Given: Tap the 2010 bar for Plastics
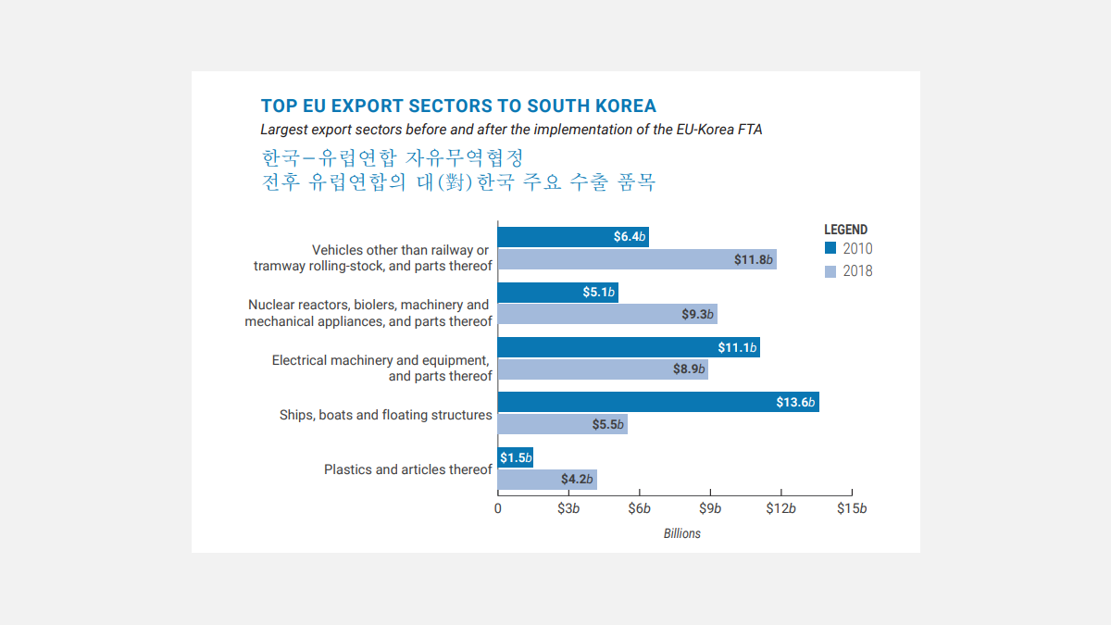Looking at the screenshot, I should coord(515,457).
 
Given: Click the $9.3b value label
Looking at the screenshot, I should coord(698,315).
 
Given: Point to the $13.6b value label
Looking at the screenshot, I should coord(795,403).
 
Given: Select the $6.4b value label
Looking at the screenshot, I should coord(630,237).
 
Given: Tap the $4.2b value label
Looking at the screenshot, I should coord(577,480).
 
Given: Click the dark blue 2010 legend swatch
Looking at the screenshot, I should coord(830,248).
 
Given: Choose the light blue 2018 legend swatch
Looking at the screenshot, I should coord(830,271).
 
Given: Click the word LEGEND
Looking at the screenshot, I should coord(846,230).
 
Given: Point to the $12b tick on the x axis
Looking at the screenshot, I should coord(780,508).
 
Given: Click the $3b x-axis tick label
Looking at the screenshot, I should coord(568,508).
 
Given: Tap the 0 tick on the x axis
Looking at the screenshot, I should coord(498,508).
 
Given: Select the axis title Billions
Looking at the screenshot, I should coord(682,533).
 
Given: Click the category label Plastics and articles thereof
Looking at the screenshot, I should coord(407,469).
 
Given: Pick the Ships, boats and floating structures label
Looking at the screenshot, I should coord(385,415).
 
